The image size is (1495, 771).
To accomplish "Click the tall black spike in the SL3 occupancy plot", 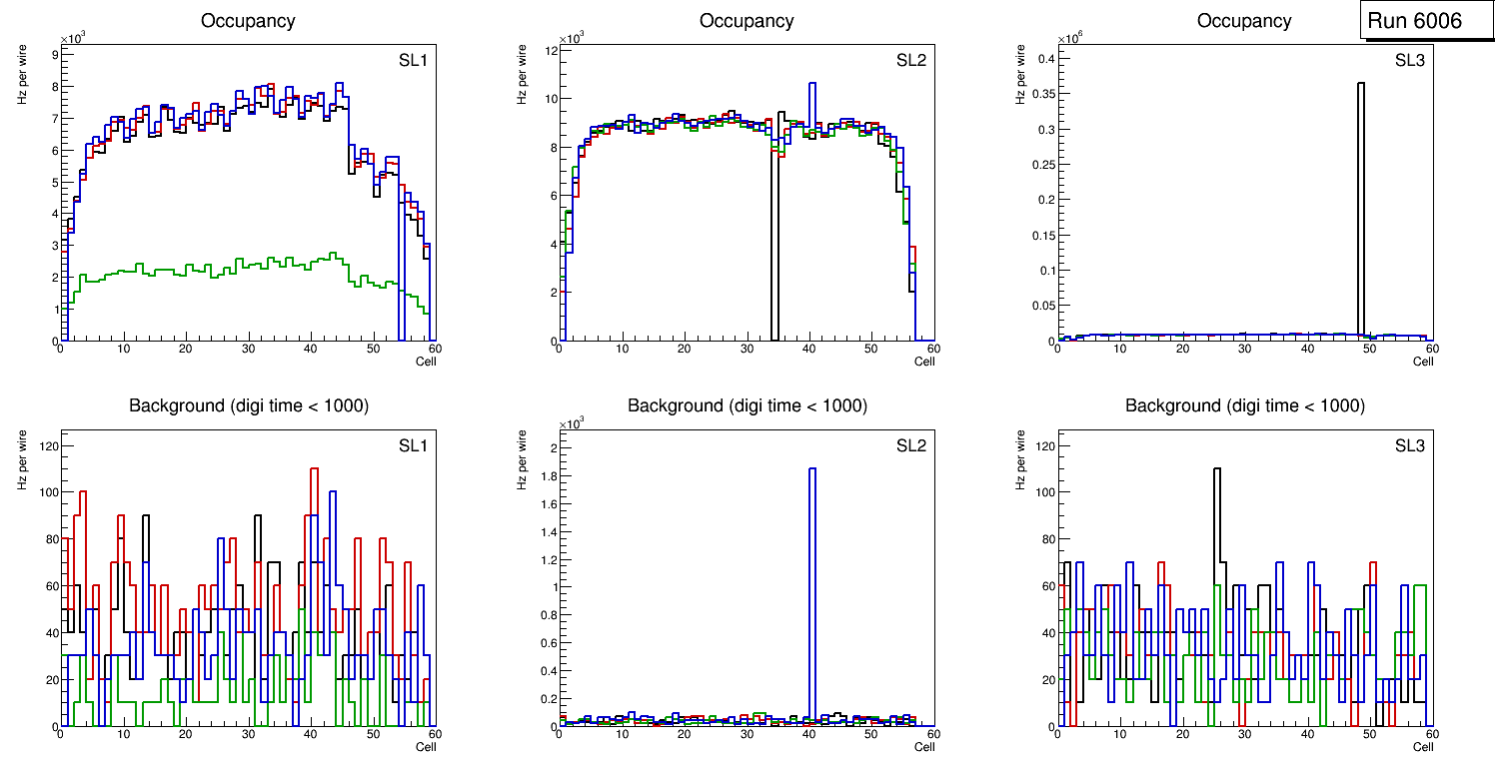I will pyautogui.click(x=1360, y=200).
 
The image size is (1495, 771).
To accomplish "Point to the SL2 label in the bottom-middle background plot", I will pyautogui.click(x=910, y=444).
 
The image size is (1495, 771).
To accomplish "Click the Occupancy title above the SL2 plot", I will pyautogui.click(x=747, y=21).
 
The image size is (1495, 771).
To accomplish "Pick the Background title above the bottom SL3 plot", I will pyautogui.click(x=1244, y=405).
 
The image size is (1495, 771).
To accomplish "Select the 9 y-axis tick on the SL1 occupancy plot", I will pyautogui.click(x=54, y=55).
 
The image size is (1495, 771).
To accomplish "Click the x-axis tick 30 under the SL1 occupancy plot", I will pyautogui.click(x=248, y=350).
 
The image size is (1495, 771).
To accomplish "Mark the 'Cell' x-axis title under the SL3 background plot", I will pyautogui.click(x=1423, y=746).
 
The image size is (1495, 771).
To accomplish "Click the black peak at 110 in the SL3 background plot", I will pyautogui.click(x=1217, y=470).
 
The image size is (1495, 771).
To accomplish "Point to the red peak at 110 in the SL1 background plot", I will pyautogui.click(x=314, y=469).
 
